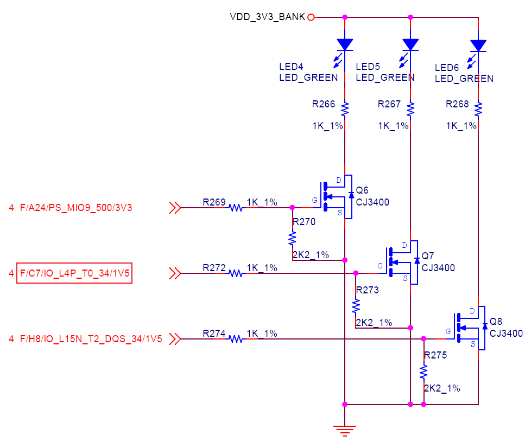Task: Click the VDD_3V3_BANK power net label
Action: coord(267,17)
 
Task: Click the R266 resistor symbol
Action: coord(345,110)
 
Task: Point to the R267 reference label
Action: coord(389,104)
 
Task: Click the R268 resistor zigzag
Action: coord(478,110)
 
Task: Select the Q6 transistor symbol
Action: coord(336,197)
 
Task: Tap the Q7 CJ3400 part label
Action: coord(438,268)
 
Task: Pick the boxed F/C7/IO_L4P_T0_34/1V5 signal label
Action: coord(74,273)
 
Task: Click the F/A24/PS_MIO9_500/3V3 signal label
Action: coord(76,208)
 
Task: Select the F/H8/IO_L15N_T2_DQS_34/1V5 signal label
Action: coord(91,339)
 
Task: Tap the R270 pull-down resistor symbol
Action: coord(292,239)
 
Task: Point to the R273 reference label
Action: coord(368,290)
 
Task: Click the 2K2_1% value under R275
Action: coord(442,388)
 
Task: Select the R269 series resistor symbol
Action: coord(236,208)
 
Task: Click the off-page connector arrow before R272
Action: coord(175,273)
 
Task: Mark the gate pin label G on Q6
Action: coord(314,200)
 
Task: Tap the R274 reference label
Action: coord(214,334)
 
